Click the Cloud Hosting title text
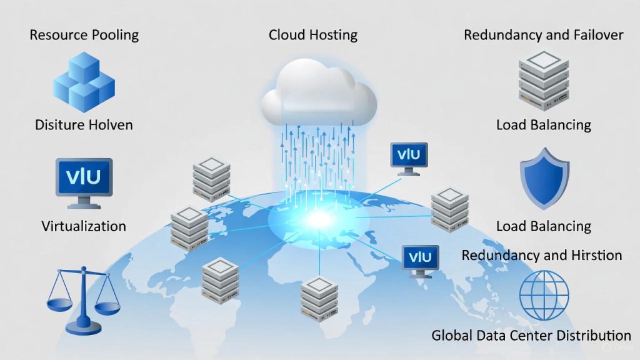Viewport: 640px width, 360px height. coord(313,35)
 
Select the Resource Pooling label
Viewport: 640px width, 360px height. coord(84,34)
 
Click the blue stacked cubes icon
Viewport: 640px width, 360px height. coord(84,81)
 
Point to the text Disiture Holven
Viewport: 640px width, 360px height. coord(84,125)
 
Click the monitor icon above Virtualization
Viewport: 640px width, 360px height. coord(84,182)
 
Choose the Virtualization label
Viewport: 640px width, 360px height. coord(84,226)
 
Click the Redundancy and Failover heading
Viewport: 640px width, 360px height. coord(543,35)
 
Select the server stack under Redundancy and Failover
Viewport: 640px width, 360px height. coord(544,79)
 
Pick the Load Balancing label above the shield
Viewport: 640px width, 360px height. coord(544,125)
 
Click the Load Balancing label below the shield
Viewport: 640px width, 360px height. coord(544,226)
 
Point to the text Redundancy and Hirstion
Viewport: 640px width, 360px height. coord(541,255)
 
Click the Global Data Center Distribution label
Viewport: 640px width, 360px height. coord(531,336)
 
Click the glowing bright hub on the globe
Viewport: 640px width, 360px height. coord(319,218)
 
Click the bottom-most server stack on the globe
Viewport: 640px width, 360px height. coord(319,296)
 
